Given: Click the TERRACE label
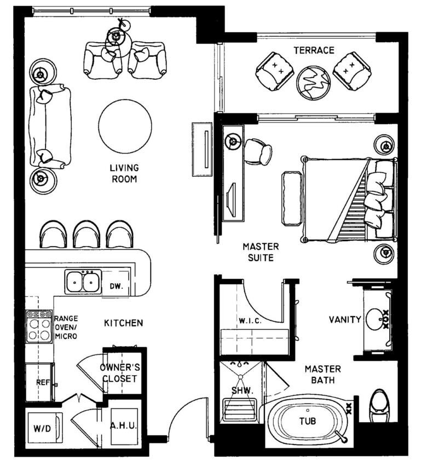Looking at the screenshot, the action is pos(314,50).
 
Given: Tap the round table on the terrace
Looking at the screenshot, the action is pos(313,83).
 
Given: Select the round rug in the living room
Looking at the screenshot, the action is pos(125,126).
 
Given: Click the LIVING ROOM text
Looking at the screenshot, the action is pos(124,173).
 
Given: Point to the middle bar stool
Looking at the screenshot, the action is pos(86,235).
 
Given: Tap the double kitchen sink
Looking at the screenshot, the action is pos(83,282).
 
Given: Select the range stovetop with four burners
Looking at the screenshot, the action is pos(39,326).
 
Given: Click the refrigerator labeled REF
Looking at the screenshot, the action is pos(41,382).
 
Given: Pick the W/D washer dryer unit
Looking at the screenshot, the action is pos(45,428).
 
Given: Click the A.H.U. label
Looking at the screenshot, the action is pos(124,425).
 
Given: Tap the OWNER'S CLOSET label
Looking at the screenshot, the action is pos(120,373).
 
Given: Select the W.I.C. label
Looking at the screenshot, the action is pos(250,321).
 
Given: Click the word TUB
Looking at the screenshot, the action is pos(308,421).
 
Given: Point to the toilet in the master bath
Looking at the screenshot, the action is pos(379,406).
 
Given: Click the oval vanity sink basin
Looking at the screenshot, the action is pos(375,319).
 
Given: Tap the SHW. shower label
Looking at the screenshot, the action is pos(242,390).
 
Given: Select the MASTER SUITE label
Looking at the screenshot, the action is pos(261,252).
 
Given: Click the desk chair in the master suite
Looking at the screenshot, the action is pos(258,151).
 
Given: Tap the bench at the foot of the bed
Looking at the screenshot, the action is pos(291,199).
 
